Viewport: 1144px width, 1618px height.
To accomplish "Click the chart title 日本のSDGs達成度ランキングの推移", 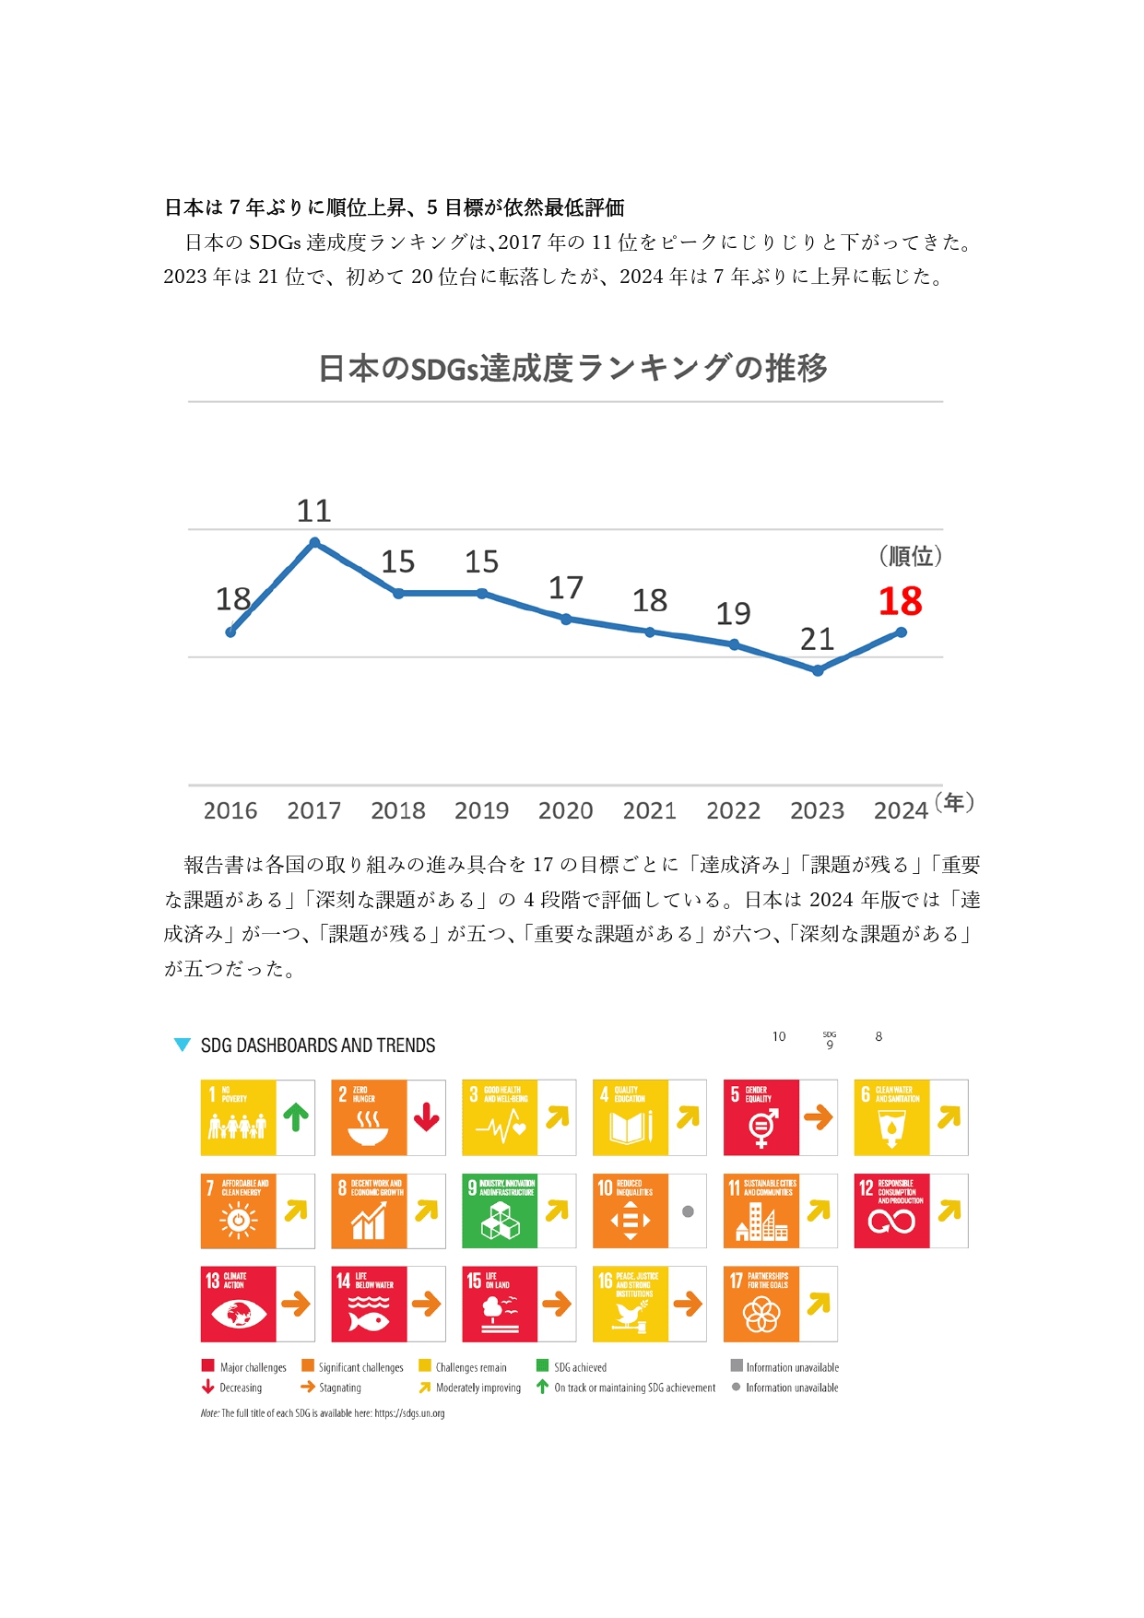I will click(572, 368).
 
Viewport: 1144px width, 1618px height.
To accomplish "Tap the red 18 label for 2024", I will click(900, 602).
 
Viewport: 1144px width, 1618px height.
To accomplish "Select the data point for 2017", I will click(314, 543).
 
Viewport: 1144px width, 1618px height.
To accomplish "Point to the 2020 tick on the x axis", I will click(565, 810).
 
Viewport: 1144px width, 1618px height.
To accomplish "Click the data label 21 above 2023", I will click(817, 639).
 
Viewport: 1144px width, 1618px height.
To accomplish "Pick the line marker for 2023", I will click(818, 671).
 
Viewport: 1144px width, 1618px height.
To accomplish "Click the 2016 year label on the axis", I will click(230, 810).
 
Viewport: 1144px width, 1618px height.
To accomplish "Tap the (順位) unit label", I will click(910, 556).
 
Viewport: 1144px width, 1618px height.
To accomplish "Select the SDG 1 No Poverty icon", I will click(238, 1117).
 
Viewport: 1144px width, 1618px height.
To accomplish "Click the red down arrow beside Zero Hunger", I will click(427, 1117).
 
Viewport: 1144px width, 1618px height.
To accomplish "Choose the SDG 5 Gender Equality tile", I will click(761, 1117).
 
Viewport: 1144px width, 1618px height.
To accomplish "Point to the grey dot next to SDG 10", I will click(688, 1211).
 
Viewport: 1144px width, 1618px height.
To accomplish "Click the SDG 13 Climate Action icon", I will click(238, 1305).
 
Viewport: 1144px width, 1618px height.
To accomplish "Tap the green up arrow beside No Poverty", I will click(296, 1117).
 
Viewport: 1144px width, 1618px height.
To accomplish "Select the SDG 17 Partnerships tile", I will click(761, 1305).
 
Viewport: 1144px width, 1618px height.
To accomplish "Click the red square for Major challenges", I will click(207, 1365).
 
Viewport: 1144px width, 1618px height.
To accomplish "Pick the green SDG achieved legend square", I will click(542, 1365).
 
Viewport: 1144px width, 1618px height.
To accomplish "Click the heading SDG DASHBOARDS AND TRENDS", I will click(318, 1045).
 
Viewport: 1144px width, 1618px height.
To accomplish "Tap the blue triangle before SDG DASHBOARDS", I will click(183, 1045).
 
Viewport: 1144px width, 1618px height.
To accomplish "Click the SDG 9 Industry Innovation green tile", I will click(500, 1211).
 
